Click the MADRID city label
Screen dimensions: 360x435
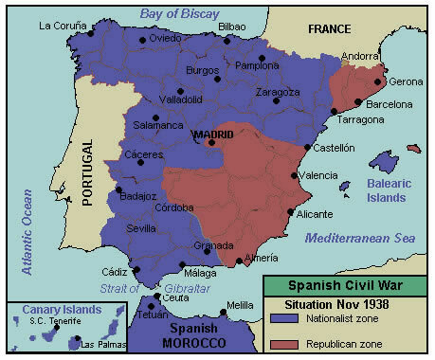(x=212, y=135)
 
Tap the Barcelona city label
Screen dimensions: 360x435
(x=389, y=103)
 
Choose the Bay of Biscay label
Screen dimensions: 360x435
(x=180, y=12)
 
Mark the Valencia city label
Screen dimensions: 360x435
(x=317, y=175)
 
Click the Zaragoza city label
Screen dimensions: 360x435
(x=278, y=92)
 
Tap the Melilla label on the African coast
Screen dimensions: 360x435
(x=240, y=306)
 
